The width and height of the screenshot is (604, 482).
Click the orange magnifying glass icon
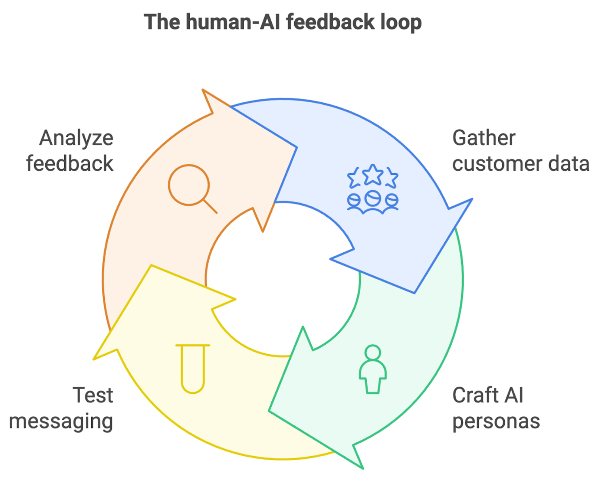coord(190,186)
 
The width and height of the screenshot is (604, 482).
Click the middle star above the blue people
coord(373,174)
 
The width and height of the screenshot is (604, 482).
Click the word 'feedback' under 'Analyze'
coord(70,164)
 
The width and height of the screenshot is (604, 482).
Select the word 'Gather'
coord(484,138)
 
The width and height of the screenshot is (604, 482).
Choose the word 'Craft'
coord(475,395)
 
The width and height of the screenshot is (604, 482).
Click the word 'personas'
coord(496,422)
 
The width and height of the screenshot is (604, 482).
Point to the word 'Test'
coord(93,395)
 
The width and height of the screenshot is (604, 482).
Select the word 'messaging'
coord(61,422)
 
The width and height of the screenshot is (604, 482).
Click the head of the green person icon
coord(373,352)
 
